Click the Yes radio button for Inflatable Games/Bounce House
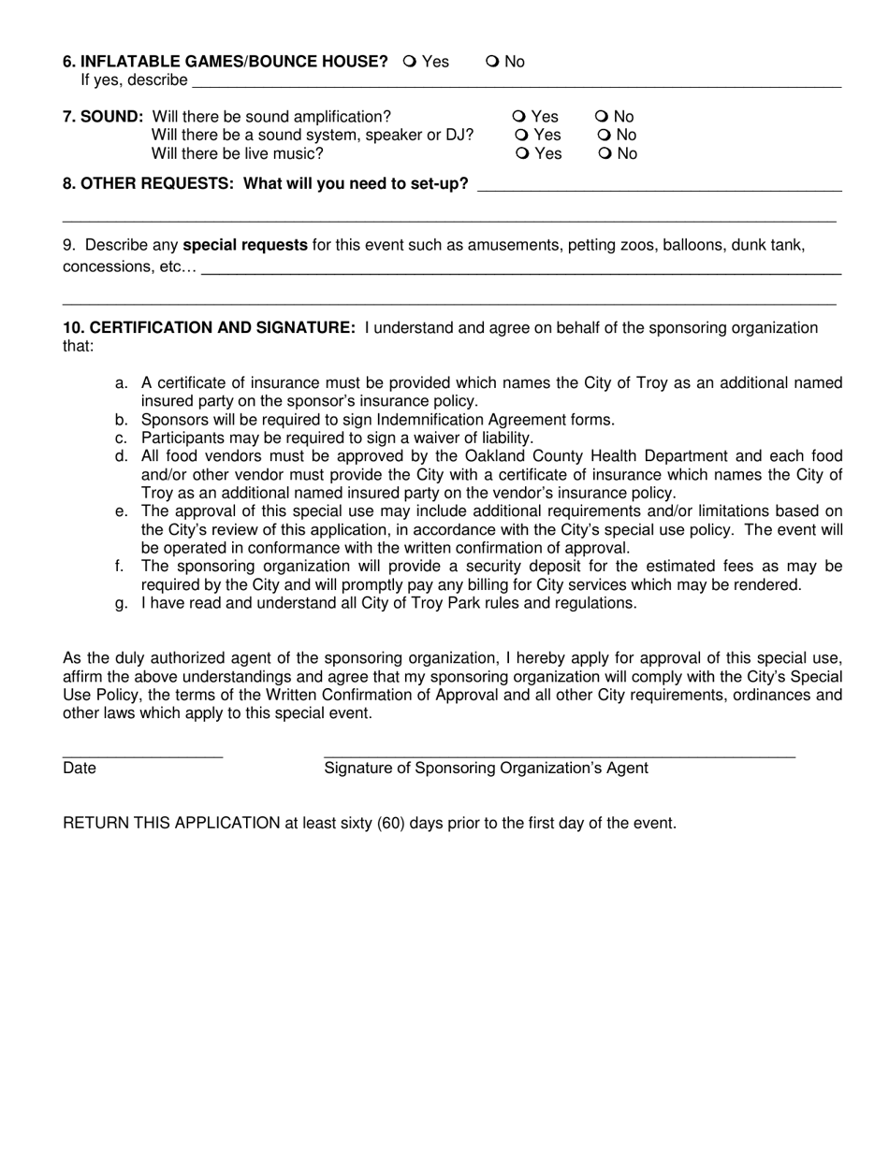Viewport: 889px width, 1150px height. pos(409,62)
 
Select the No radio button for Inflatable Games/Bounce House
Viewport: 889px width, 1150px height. pos(492,62)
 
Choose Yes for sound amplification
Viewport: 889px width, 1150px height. pos(519,117)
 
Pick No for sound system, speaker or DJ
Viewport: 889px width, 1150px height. pos(603,136)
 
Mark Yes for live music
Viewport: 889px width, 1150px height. pos(519,153)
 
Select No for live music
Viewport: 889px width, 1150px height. pos(603,153)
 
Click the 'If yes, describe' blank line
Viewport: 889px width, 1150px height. pos(515,84)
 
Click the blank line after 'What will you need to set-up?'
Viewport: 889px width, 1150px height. pos(659,188)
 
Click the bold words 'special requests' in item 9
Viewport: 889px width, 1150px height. pos(244,246)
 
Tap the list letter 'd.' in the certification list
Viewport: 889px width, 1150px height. pos(122,456)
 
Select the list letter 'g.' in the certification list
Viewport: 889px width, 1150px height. pos(122,603)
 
